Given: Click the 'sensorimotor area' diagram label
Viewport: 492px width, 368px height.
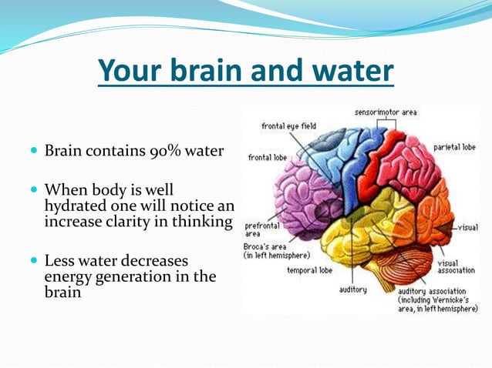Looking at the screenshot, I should pyautogui.click(x=386, y=112).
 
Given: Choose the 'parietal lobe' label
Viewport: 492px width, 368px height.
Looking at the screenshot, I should pyautogui.click(x=453, y=146).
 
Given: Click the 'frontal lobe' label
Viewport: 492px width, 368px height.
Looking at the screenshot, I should pyautogui.click(x=267, y=157).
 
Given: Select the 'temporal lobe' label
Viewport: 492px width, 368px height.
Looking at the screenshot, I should pyautogui.click(x=309, y=270).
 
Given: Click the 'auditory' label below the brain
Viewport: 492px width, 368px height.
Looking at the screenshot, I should pyautogui.click(x=353, y=289).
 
